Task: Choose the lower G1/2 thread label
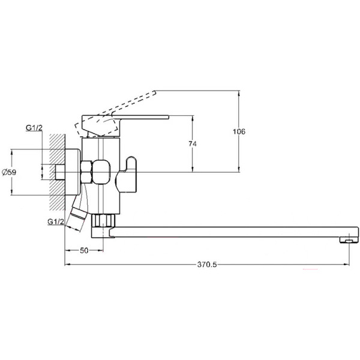55,222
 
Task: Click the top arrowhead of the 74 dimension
193,118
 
